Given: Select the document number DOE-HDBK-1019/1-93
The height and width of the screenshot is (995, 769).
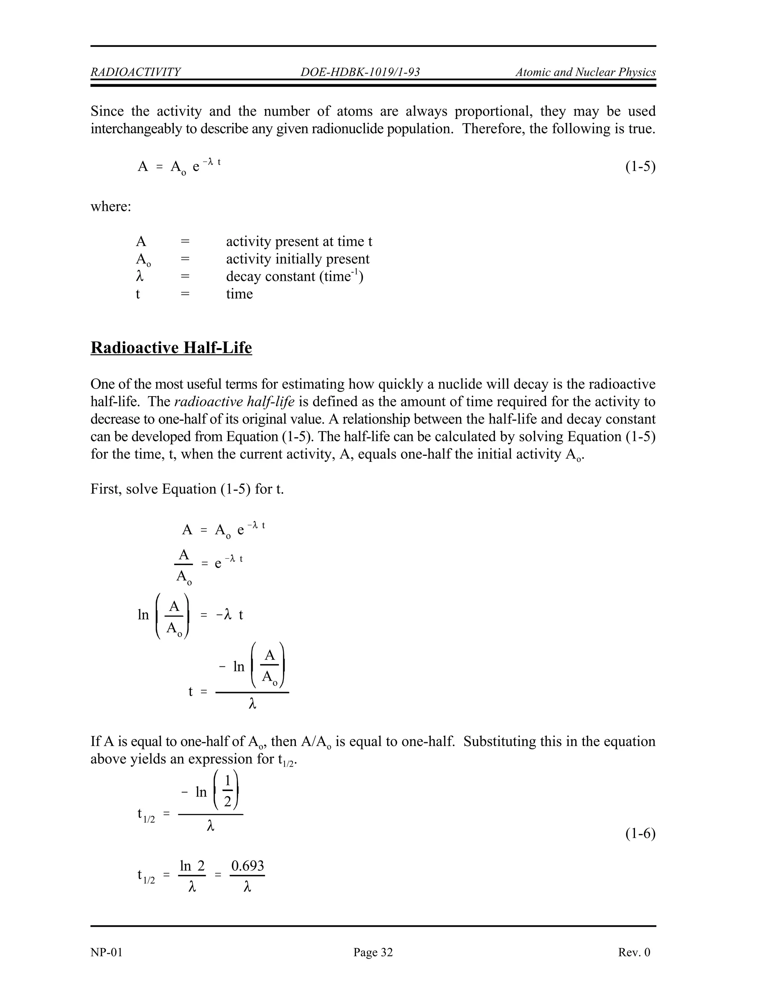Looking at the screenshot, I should point(360,72).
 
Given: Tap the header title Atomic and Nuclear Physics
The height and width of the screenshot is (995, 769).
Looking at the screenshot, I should point(585,72).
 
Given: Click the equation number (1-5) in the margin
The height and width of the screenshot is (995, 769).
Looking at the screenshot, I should point(640,167).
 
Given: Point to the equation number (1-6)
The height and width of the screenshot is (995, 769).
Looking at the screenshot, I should point(640,834).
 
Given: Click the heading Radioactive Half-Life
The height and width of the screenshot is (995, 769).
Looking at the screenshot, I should point(171,348).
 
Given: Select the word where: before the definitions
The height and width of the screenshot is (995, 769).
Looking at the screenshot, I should point(111,207).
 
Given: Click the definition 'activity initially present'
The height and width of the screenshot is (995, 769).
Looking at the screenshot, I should point(297,259).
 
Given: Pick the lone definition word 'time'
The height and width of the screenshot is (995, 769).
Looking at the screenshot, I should point(239,294).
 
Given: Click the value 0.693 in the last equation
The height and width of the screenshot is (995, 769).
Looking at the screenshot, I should point(247,865).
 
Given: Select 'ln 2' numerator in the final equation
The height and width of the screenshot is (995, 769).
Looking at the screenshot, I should point(192,865).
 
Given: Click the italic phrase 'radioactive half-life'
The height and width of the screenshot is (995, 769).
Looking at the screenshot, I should point(234,402).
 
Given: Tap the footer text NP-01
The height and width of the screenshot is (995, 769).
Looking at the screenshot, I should point(107,952).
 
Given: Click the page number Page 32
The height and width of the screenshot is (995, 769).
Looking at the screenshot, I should point(372,952).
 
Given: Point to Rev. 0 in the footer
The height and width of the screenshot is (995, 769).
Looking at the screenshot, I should point(634,952).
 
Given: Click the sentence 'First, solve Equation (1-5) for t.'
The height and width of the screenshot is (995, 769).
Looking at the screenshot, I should point(187,489).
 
